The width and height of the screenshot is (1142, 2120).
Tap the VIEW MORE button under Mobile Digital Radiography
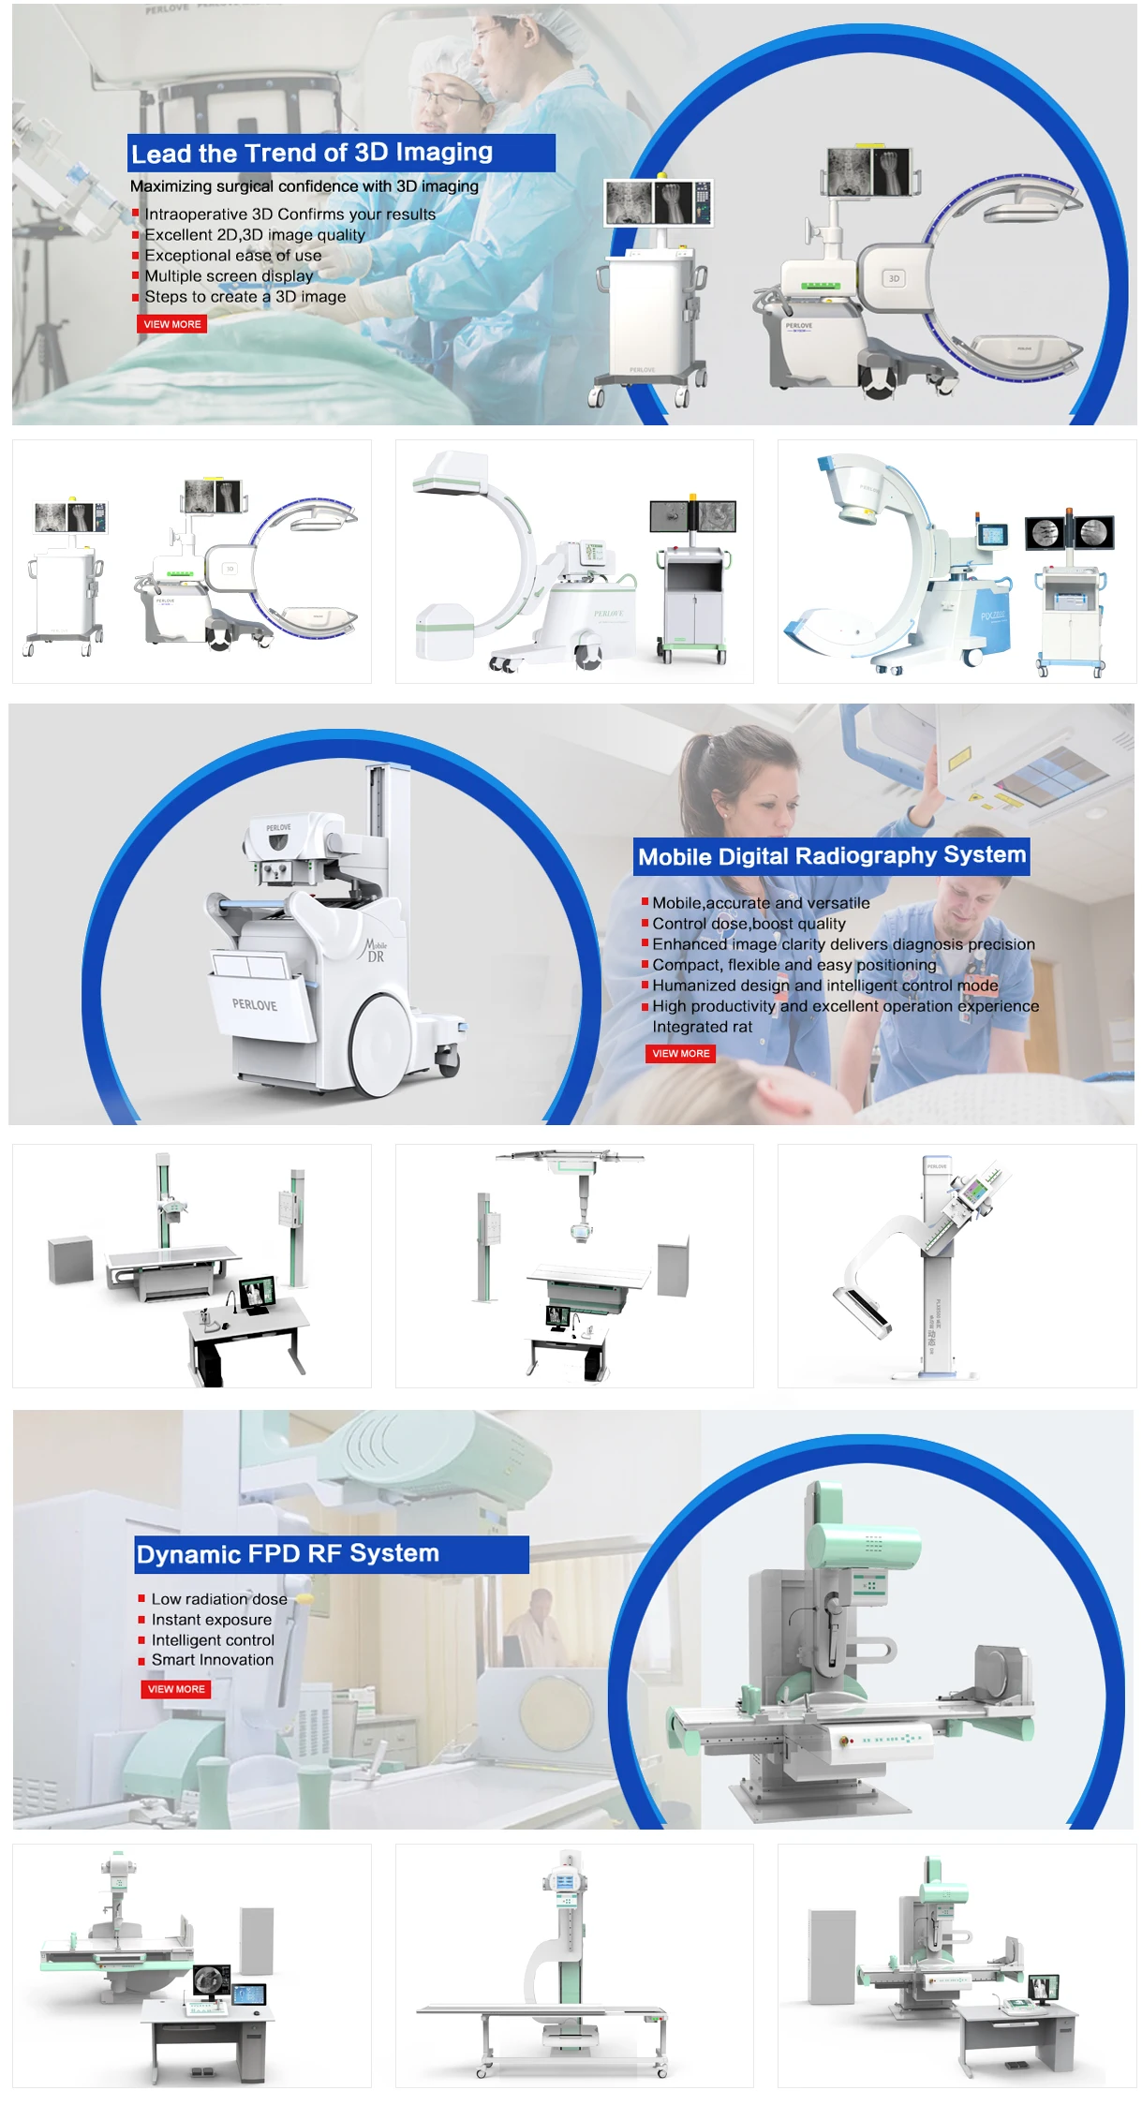coord(680,1054)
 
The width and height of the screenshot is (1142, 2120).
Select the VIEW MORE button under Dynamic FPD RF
coord(176,1689)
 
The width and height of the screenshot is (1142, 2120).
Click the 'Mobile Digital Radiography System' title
coord(831,856)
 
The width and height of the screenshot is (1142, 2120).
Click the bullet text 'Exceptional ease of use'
coord(232,256)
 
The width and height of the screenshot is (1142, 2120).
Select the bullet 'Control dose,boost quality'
coord(749,924)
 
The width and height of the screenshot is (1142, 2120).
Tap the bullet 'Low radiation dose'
coord(218,1599)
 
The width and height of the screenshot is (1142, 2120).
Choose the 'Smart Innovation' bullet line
coord(212,1660)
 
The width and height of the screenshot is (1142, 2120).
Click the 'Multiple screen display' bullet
coord(229,276)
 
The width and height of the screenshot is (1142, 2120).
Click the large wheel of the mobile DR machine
coord(380,1039)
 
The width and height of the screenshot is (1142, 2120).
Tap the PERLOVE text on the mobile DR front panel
coord(255,1005)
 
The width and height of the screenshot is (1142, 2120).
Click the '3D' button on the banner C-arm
coord(894,278)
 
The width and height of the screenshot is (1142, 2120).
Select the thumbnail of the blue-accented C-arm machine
coord(956,561)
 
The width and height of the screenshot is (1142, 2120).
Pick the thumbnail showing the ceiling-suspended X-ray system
coord(573,1265)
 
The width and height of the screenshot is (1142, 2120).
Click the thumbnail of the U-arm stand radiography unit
coord(956,1265)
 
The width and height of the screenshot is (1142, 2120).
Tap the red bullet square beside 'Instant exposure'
coord(141,1620)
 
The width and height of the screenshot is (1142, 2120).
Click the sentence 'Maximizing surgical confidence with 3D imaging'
coord(304,186)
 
